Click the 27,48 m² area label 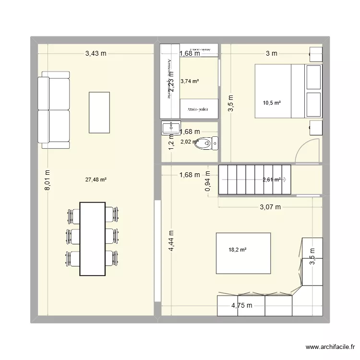pos(96,180)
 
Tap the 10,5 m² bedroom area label pos(272,102)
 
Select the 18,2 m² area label pos(238,250)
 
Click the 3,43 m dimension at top pos(96,53)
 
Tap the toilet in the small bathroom pos(209,143)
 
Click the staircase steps pos(254,180)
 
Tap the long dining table pos(92,239)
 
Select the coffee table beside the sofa pos(100,112)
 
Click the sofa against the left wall pos(53,110)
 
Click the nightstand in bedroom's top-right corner pos(316,54)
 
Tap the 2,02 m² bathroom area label pos(189,142)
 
